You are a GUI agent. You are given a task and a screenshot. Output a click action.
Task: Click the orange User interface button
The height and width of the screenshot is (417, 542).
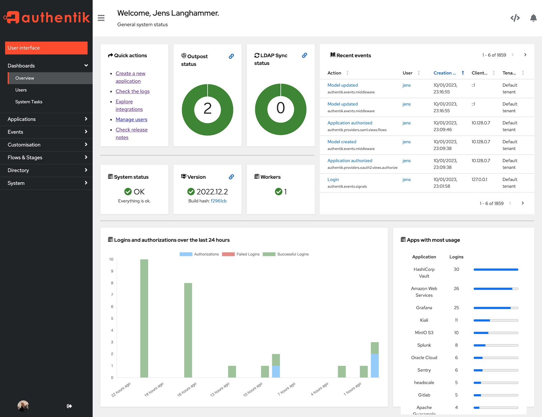click(x=46, y=48)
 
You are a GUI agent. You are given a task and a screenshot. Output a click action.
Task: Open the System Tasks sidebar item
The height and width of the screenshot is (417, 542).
click(x=29, y=102)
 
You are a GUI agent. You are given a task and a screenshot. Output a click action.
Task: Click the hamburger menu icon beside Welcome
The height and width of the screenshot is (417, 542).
click(x=101, y=18)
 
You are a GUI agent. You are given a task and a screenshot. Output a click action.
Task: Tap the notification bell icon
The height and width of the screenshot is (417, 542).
click(x=533, y=18)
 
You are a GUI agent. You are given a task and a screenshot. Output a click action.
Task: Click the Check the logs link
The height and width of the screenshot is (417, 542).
click(x=132, y=91)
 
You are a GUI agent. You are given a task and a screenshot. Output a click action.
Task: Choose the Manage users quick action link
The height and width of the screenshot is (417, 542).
click(x=131, y=120)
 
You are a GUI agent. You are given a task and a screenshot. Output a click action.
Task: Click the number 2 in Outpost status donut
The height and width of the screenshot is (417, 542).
click(x=207, y=109)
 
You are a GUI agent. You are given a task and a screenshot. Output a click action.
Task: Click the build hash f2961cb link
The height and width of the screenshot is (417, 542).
click(x=219, y=201)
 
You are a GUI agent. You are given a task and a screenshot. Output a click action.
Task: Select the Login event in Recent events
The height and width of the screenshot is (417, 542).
click(x=333, y=179)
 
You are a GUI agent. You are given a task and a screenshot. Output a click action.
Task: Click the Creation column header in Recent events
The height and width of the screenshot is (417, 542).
click(x=445, y=73)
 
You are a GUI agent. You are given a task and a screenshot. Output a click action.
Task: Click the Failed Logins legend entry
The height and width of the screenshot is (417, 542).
click(x=241, y=254)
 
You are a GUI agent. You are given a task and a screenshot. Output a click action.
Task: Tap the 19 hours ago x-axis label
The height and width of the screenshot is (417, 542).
click(x=154, y=389)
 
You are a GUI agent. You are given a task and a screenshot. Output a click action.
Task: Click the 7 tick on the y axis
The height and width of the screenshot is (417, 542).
click(x=112, y=295)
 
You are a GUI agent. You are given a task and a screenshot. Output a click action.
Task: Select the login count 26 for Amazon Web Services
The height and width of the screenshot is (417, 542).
click(x=456, y=288)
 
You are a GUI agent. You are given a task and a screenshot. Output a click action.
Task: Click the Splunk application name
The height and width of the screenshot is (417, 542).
click(x=424, y=345)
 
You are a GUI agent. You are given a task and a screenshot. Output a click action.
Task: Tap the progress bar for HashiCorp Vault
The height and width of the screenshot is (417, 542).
click(x=496, y=270)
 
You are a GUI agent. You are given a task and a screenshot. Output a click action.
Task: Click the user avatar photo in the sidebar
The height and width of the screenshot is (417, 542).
click(x=23, y=406)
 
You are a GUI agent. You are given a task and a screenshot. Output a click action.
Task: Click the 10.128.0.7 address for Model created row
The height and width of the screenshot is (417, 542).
click(x=481, y=142)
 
